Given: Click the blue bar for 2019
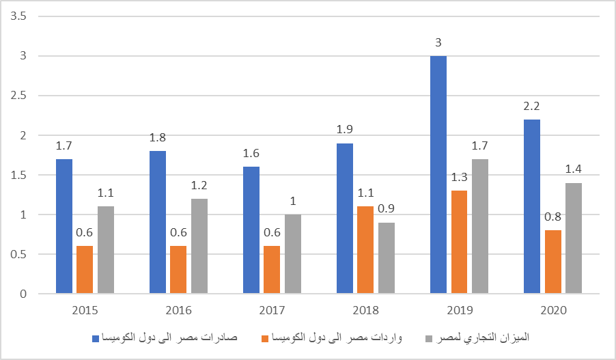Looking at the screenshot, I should coord(438,175).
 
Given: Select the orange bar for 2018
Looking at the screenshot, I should coord(365,251).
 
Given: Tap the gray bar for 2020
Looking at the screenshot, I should coord(574,239).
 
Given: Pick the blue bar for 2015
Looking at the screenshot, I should coord(64,227).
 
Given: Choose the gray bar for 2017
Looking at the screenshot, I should coord(293,255).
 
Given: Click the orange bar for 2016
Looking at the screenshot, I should coord(178,271).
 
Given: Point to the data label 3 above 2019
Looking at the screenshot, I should coord(438,43).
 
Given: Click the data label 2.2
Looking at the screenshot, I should coord(531,107).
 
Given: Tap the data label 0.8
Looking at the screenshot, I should coord(552,218).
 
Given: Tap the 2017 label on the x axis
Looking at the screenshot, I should coord(272,310).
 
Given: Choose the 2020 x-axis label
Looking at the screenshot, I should coord(552,310).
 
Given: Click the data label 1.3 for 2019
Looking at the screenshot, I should coord(459,178).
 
